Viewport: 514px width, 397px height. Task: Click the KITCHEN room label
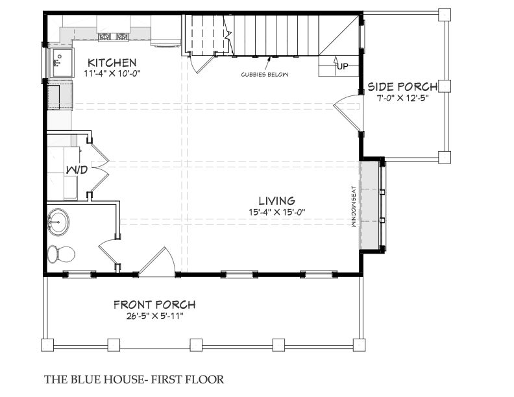(x=112, y=62)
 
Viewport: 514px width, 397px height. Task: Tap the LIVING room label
(x=277, y=200)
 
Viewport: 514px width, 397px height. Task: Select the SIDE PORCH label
(x=402, y=86)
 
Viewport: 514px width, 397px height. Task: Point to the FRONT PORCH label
(x=154, y=305)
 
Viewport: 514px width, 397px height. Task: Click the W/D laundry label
(x=77, y=170)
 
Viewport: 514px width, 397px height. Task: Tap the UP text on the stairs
(x=343, y=67)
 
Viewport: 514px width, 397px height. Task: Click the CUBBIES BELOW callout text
(x=265, y=75)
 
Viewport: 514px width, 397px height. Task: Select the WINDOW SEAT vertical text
(x=353, y=207)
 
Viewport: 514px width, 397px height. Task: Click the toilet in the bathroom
(x=61, y=254)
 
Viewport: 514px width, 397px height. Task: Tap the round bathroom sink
(x=58, y=222)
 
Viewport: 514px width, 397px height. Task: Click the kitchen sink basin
(x=62, y=62)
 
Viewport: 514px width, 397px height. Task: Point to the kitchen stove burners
(x=114, y=37)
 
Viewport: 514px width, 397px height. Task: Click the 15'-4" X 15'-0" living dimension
(x=277, y=212)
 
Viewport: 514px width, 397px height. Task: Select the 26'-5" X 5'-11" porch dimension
(x=154, y=316)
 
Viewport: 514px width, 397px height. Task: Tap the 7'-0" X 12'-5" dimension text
(x=403, y=98)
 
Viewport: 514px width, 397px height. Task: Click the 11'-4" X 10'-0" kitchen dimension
(x=112, y=73)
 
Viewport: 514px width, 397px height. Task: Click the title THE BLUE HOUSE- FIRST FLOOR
(x=134, y=379)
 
